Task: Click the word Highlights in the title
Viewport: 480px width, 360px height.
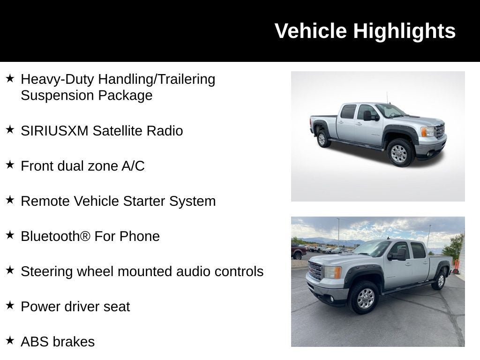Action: (404, 31)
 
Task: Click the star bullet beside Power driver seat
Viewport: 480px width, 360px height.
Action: (10, 305)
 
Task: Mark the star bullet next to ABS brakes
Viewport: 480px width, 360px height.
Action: (10, 340)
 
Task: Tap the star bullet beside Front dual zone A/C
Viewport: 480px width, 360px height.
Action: (10, 165)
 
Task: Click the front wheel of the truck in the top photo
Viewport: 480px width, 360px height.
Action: (399, 153)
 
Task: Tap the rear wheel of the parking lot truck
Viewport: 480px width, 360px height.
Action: (440, 280)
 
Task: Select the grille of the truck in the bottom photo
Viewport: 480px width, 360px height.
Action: (315, 271)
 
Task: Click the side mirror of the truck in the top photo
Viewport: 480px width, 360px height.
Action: (368, 115)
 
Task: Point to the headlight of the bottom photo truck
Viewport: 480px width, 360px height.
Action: (333, 272)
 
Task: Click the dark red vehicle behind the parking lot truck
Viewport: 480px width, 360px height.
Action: (298, 252)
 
